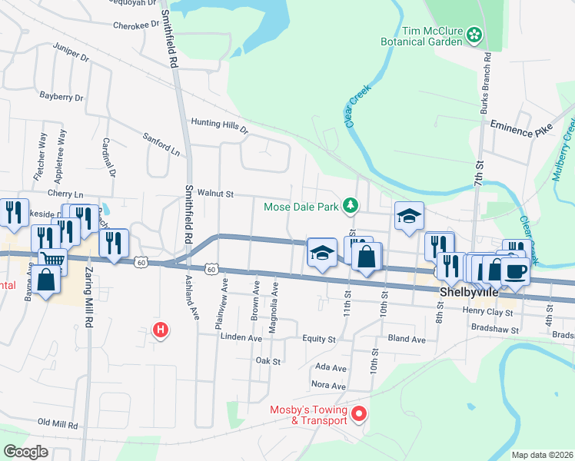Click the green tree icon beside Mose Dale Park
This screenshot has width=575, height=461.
click(351, 205)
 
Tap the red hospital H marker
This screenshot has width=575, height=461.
click(161, 331)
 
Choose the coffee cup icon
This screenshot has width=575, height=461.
click(514, 270)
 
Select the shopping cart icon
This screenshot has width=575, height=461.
click(52, 261)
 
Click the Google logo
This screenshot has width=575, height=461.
click(25, 452)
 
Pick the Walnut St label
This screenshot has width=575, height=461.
click(214, 194)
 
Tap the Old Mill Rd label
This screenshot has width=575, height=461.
click(58, 424)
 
